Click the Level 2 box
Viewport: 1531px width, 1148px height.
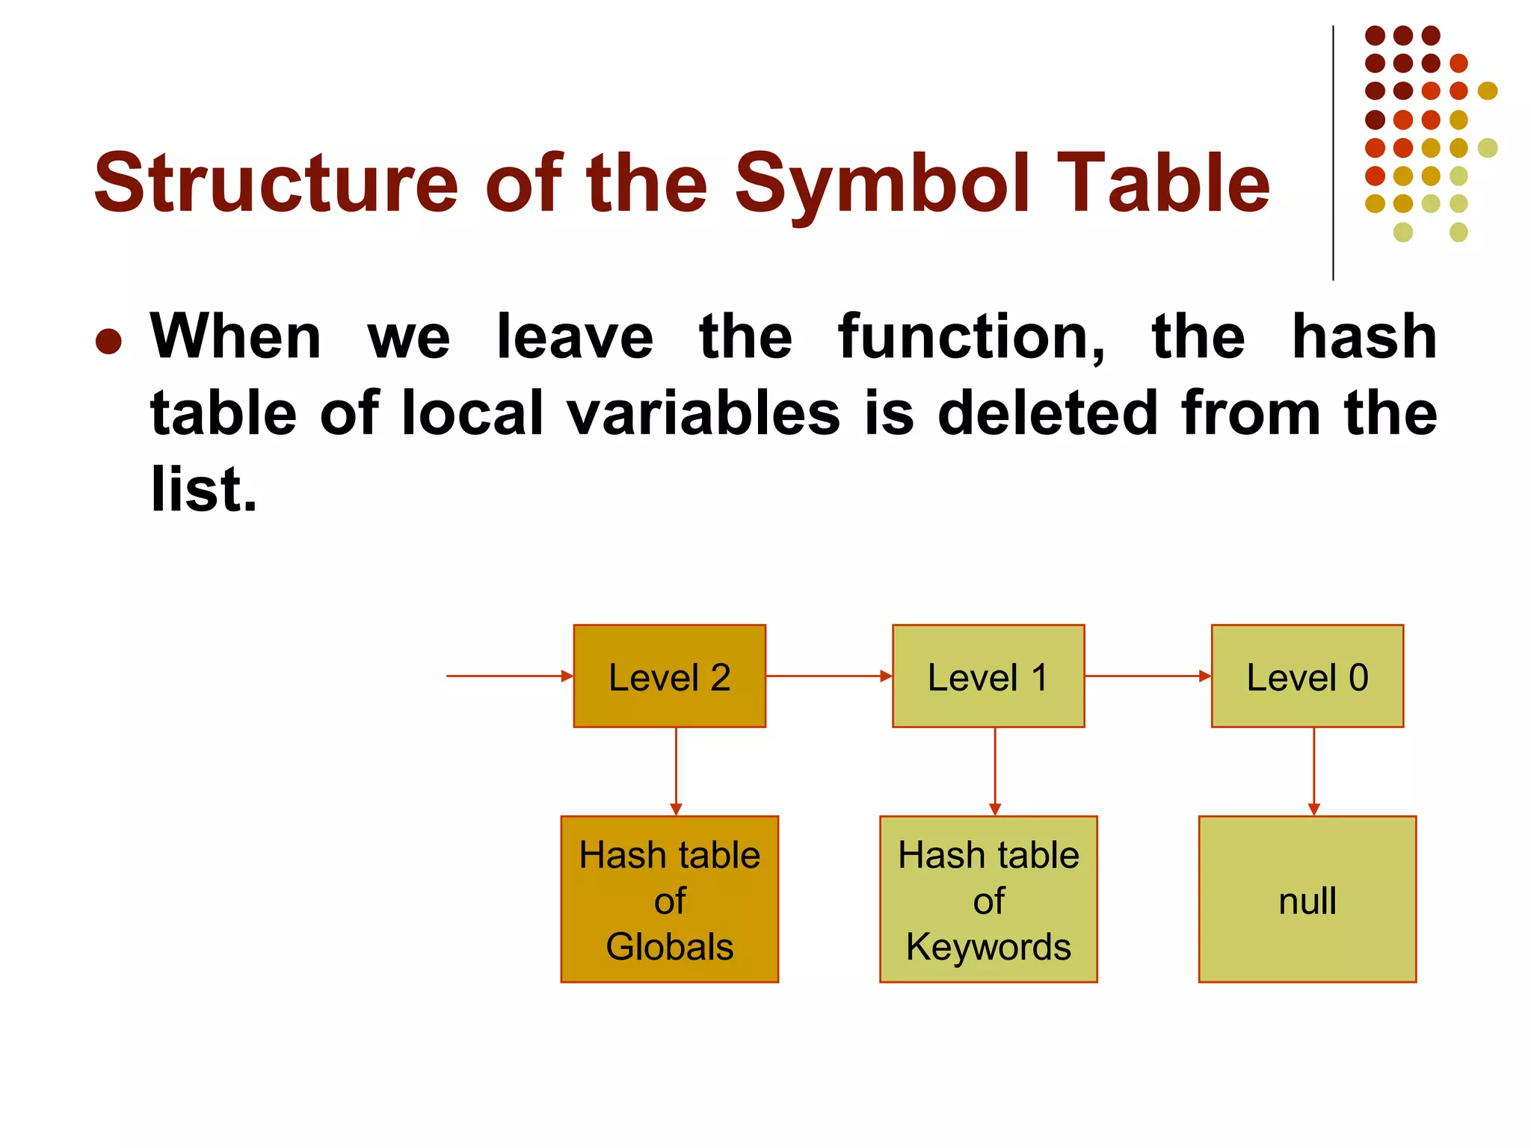[669, 676]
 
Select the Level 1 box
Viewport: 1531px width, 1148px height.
[988, 676]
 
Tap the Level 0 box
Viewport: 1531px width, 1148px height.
[1307, 676]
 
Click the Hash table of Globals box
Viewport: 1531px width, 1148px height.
[669, 899]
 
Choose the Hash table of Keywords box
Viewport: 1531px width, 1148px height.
[988, 899]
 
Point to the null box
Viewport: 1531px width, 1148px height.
[1307, 899]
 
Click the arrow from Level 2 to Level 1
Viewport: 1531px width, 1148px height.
[828, 676]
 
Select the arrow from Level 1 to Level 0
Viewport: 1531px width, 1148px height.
[1148, 676]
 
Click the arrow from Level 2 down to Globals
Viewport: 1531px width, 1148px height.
[676, 771]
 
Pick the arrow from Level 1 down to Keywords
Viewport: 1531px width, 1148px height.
[995, 771]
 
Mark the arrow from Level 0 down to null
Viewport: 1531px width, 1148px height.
[1313, 771]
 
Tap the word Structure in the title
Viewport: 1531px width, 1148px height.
[276, 184]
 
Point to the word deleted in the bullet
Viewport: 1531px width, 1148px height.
[1047, 413]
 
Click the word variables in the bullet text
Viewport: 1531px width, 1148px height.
[703, 413]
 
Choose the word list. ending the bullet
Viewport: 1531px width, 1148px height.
[203, 490]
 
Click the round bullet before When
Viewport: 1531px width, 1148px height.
[109, 342]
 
